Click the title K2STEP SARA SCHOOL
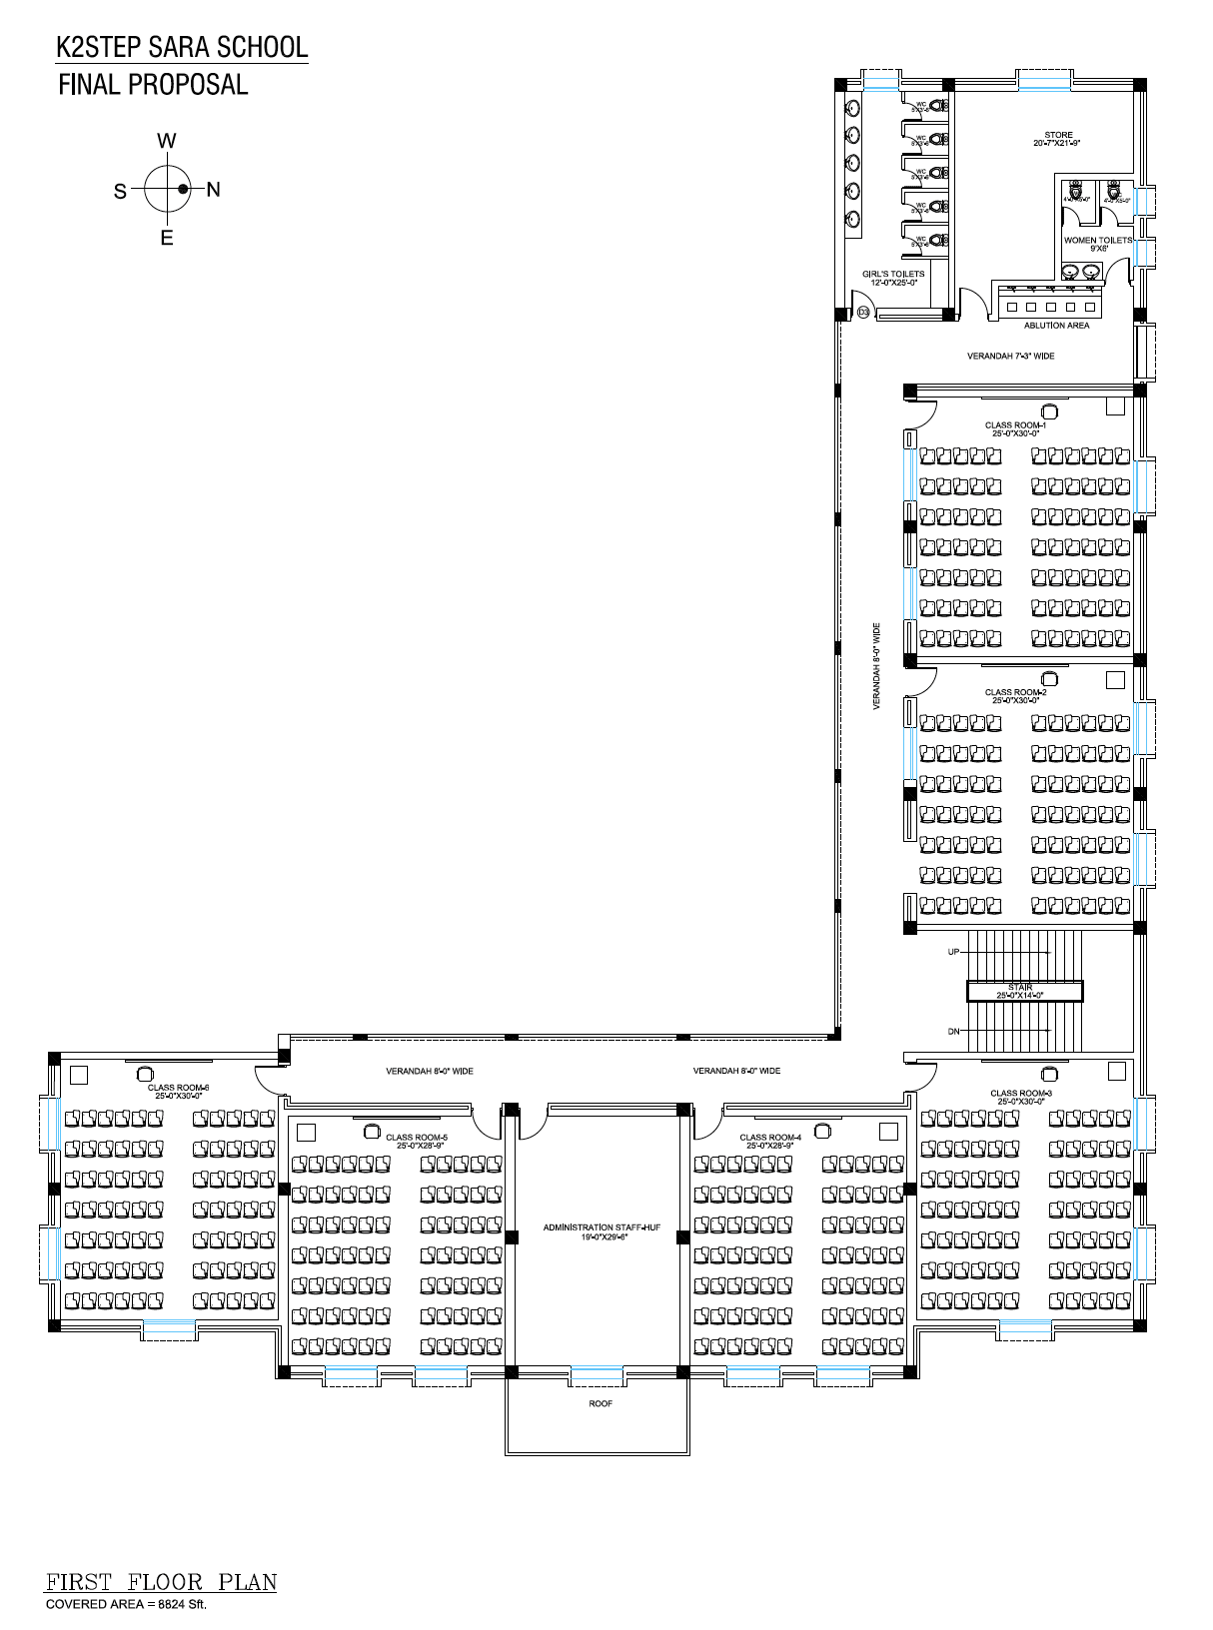point(182,48)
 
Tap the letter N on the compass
point(213,190)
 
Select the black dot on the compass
point(183,189)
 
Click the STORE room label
point(1058,135)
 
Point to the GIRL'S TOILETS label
point(893,275)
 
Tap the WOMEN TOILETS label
point(1098,241)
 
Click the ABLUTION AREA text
point(1056,326)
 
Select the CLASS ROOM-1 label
point(1015,425)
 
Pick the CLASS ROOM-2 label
point(1015,692)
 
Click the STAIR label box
point(1024,991)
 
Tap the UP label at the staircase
point(953,952)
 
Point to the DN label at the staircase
point(953,1032)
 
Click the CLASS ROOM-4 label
point(770,1137)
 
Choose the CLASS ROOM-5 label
point(417,1137)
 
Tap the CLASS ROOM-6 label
point(178,1088)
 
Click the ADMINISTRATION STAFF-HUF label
point(602,1227)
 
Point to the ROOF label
point(601,1403)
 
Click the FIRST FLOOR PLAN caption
point(161,1582)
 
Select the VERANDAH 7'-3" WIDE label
point(1010,356)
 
